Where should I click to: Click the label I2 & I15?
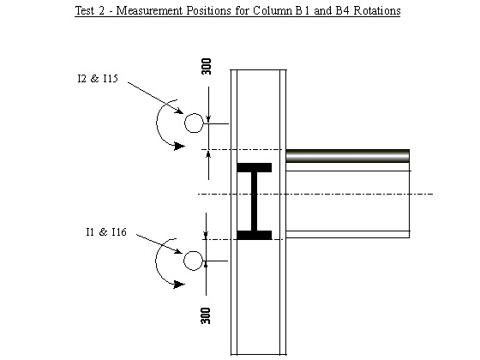(x=98, y=79)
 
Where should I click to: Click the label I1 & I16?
(x=106, y=232)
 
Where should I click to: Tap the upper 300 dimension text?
(x=207, y=66)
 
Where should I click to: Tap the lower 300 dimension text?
(x=206, y=315)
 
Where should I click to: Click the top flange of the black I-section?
(x=255, y=167)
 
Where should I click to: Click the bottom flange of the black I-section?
(x=255, y=235)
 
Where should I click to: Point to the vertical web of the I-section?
(x=255, y=201)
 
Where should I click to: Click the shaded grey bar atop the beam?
(x=347, y=156)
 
